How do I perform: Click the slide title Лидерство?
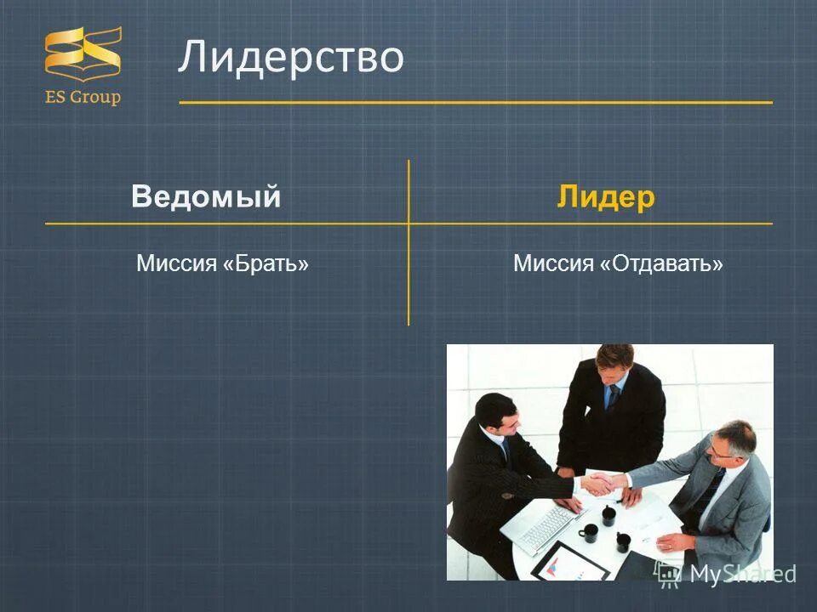(290, 58)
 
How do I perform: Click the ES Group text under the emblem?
(83, 97)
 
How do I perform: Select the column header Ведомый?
(206, 197)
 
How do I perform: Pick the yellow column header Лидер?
(606, 197)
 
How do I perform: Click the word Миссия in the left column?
(176, 263)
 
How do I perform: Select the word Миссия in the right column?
(553, 263)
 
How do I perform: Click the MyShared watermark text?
(741, 574)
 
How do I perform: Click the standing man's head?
(614, 361)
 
